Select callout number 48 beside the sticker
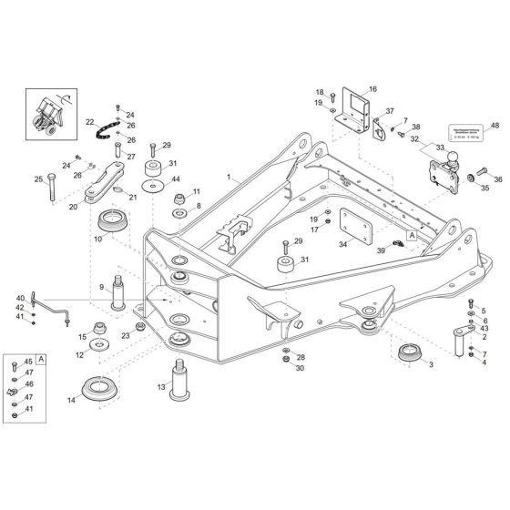[x=495, y=126]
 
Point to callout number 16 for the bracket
[x=372, y=89]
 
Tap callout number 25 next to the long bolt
[x=38, y=178]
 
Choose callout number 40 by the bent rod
[x=20, y=298]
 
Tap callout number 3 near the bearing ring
[x=430, y=363]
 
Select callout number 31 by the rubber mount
[x=304, y=260]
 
